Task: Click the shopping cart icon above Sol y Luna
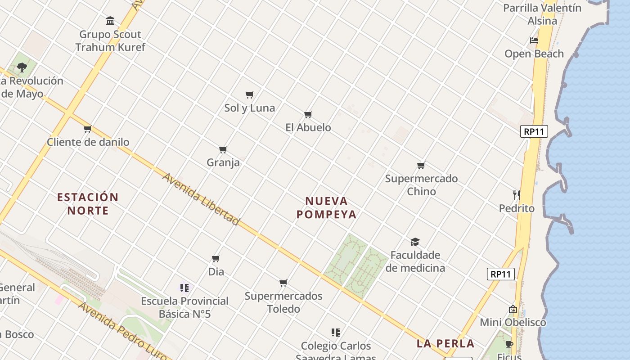point(250,94)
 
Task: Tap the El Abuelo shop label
point(308,128)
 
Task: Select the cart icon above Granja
point(223,149)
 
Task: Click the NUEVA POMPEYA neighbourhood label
point(327,208)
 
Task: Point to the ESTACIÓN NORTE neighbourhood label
point(88,204)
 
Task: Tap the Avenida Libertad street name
point(201,199)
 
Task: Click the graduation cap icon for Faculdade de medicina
point(415,242)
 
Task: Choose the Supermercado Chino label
point(421,185)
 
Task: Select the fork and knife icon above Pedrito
point(516,195)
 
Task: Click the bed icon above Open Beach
point(534,40)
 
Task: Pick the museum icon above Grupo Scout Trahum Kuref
point(110,21)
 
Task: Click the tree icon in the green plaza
point(22,67)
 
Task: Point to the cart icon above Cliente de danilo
point(88,129)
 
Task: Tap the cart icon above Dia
point(216,259)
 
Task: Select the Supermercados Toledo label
point(283,302)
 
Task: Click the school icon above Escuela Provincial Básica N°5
point(184,288)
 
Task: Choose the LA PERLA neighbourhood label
point(445,344)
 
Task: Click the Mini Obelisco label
point(513,323)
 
